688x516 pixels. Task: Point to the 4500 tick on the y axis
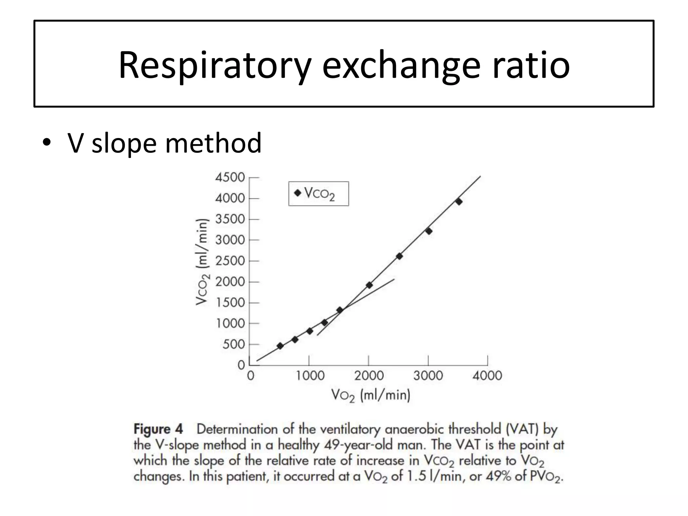(x=230, y=177)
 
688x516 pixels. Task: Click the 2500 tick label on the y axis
(x=230, y=261)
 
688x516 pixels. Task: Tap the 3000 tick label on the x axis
(x=428, y=376)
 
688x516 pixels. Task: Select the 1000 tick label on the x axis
(x=310, y=376)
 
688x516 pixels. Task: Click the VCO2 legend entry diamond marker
(x=298, y=193)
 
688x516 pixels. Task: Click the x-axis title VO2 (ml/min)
(x=371, y=395)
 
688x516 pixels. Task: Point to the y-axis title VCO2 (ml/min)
(x=202, y=262)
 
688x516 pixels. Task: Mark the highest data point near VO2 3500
(x=459, y=202)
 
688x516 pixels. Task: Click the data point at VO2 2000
(x=369, y=285)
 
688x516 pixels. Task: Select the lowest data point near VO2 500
(x=280, y=346)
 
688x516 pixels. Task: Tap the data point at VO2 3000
(x=429, y=231)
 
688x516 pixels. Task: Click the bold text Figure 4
(x=158, y=429)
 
